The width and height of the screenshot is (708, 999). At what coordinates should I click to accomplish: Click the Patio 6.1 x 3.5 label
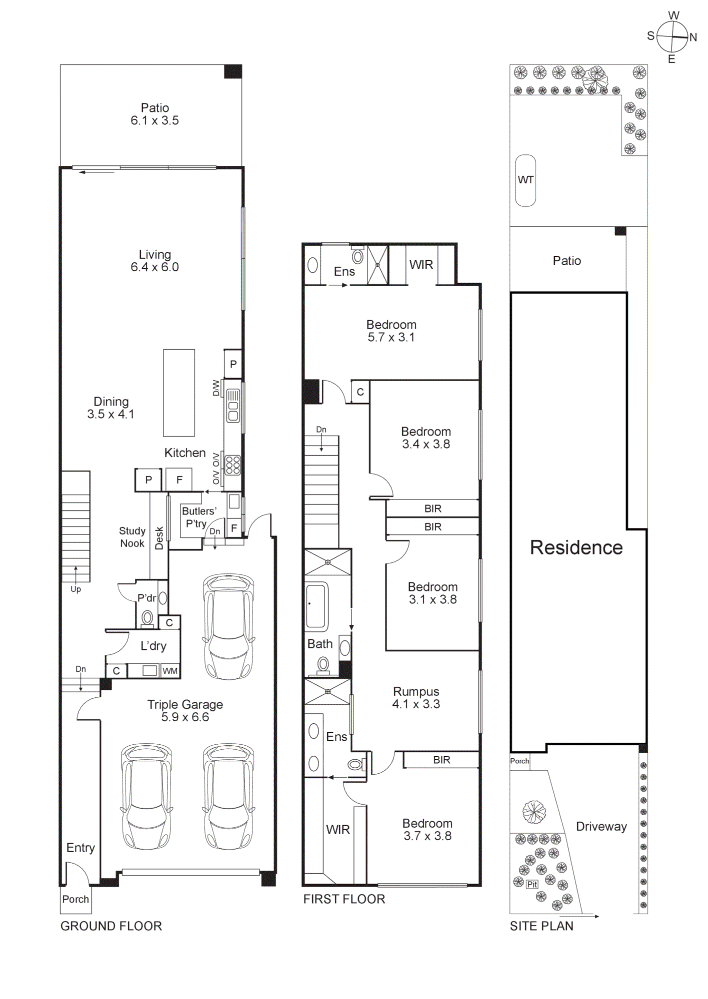[154, 114]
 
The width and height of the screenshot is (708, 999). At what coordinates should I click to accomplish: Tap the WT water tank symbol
[525, 180]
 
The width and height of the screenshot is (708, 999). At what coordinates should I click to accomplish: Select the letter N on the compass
[693, 37]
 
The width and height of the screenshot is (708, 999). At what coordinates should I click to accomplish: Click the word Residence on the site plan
[576, 547]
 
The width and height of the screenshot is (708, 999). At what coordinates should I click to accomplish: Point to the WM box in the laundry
[170, 671]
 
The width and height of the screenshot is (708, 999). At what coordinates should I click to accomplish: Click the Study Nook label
[132, 537]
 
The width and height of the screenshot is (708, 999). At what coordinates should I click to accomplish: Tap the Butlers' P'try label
[198, 517]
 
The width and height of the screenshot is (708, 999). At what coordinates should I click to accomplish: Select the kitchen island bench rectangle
[178, 393]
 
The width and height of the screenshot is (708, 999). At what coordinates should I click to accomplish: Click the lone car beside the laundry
[228, 627]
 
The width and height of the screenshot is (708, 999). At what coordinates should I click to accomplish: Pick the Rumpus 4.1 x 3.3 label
[415, 698]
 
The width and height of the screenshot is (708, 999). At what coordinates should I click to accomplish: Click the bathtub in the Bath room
[316, 606]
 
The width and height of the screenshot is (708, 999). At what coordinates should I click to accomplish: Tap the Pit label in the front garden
[532, 885]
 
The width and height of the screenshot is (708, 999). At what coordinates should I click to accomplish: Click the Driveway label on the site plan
[601, 827]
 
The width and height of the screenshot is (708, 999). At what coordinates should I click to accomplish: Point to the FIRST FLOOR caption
[344, 899]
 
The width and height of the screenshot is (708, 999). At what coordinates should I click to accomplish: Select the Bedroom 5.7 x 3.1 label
[391, 331]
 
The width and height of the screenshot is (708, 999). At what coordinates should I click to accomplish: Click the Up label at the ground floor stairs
[75, 589]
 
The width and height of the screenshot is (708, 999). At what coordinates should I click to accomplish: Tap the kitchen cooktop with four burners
[232, 465]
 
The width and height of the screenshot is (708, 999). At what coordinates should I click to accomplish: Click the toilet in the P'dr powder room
[147, 618]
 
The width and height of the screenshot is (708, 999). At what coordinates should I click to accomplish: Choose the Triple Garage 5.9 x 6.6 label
[185, 711]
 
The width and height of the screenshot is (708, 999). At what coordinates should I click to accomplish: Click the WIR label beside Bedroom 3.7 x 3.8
[338, 830]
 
